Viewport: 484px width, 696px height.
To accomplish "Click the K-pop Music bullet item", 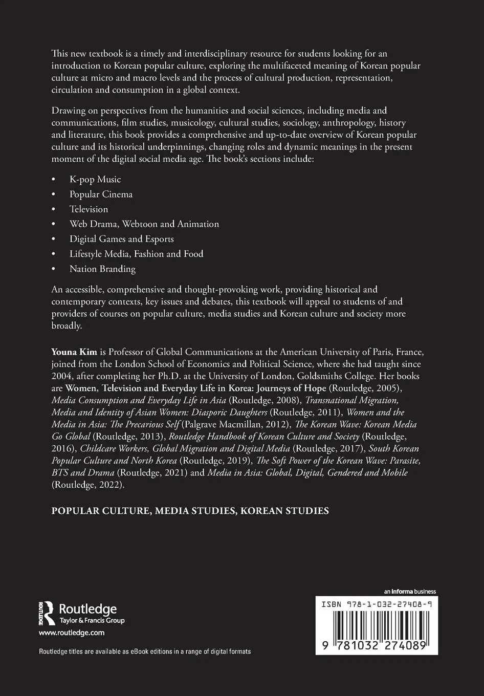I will point(95,180).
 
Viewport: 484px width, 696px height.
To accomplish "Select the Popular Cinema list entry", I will point(101,194).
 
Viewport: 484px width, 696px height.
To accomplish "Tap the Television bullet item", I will point(89,209).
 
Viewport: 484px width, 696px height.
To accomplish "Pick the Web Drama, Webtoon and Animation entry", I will point(144,224).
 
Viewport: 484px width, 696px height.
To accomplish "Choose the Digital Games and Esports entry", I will point(122,239).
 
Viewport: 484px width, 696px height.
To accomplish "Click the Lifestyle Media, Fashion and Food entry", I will point(137,254).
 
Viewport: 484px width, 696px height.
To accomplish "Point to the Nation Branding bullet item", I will point(102,269).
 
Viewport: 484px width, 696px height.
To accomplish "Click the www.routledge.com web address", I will point(72,633).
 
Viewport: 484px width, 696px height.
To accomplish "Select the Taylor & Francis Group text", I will point(92,621).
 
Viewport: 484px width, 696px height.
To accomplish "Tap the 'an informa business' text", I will point(410,592).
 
